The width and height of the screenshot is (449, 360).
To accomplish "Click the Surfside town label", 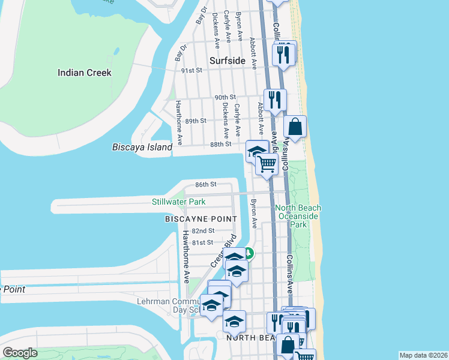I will pyautogui.click(x=228, y=61).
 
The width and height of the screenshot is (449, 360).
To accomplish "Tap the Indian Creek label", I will pyautogui.click(x=85, y=73).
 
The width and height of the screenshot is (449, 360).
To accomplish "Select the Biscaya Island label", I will pyautogui.click(x=142, y=147).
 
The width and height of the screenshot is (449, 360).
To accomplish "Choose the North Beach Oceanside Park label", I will pyautogui.click(x=298, y=216).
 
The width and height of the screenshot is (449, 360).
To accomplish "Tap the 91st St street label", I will pyautogui.click(x=192, y=70).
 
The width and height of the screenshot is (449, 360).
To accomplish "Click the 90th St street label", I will pyautogui.click(x=226, y=97).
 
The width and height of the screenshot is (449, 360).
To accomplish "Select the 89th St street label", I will pyautogui.click(x=196, y=121).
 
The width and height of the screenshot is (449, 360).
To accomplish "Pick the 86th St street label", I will pyautogui.click(x=205, y=185).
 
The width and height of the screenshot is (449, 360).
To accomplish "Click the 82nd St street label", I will pyautogui.click(x=203, y=230).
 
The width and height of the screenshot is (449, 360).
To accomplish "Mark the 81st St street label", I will pyautogui.click(x=202, y=242).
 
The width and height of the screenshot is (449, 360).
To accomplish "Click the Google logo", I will pyautogui.click(x=20, y=353).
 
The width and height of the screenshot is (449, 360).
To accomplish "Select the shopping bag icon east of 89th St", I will pyautogui.click(x=295, y=127).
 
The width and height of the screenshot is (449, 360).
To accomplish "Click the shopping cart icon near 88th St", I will pyautogui.click(x=267, y=163).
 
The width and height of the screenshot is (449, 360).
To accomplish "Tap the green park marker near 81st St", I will pyautogui.click(x=248, y=254).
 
